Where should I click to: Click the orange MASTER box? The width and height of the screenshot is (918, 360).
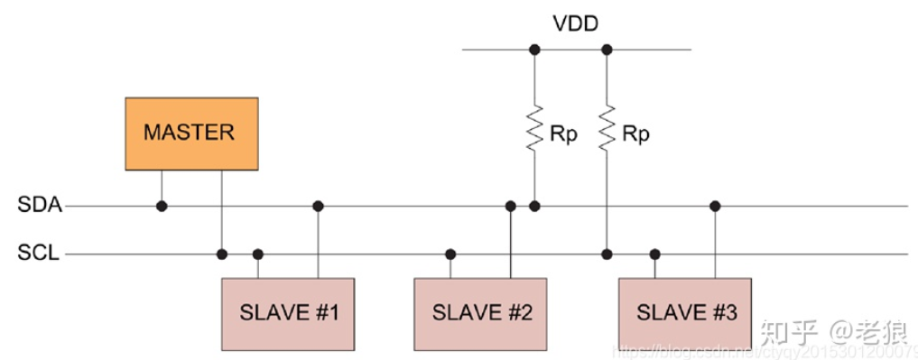click(x=191, y=133)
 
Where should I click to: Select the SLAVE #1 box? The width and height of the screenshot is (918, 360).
click(x=288, y=313)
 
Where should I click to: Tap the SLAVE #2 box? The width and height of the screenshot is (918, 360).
click(x=481, y=313)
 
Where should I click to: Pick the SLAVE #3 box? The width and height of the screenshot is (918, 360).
click(x=685, y=313)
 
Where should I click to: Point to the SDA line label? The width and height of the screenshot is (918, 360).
click(x=40, y=206)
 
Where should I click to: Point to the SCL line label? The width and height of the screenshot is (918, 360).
click(x=39, y=254)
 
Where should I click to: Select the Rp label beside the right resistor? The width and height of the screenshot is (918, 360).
click(x=635, y=134)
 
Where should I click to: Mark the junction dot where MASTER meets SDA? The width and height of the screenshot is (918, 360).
click(x=162, y=207)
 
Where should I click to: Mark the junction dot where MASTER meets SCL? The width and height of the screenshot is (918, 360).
click(x=221, y=254)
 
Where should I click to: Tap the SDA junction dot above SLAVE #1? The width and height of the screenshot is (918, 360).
click(x=318, y=207)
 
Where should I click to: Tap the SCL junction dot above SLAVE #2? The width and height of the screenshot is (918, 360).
click(x=450, y=254)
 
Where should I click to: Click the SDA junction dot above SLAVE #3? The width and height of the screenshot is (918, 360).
click(x=715, y=207)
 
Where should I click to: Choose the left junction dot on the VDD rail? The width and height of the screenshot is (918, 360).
click(x=534, y=50)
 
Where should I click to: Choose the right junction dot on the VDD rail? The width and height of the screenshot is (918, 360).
click(x=607, y=50)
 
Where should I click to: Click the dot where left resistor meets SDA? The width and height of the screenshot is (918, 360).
click(x=534, y=207)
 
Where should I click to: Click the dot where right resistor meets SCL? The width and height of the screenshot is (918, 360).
click(x=607, y=254)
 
